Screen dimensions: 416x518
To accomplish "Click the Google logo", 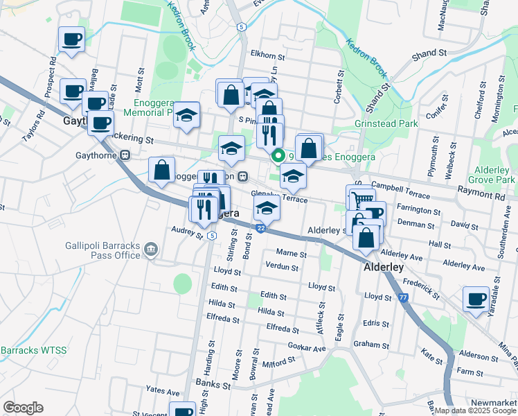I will pyautogui.click(x=23, y=408).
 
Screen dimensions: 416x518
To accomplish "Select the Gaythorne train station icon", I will pyautogui.click(x=125, y=155).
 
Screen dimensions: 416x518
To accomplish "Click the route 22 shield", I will pyautogui.click(x=260, y=227).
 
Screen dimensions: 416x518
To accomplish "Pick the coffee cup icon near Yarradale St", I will pyautogui.click(x=476, y=300).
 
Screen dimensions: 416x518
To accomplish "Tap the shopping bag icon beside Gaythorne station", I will pyautogui.click(x=162, y=169).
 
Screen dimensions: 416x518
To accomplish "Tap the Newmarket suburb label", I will pyautogui.click(x=494, y=403).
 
